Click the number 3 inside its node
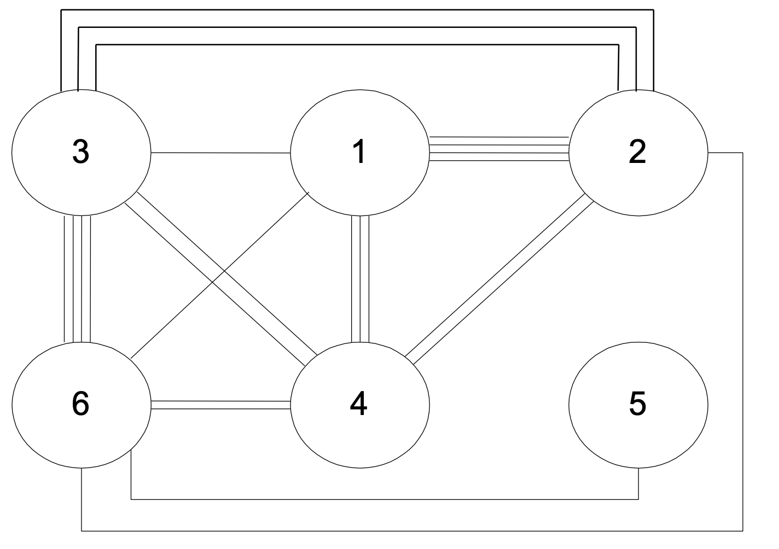(x=80, y=153)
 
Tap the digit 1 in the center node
(x=359, y=153)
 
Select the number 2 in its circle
(x=637, y=153)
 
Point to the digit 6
(x=80, y=404)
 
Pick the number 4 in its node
(x=359, y=405)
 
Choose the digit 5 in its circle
(x=637, y=404)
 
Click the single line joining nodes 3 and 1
(x=219, y=153)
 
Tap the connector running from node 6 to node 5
(x=383, y=499)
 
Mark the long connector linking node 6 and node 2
(x=410, y=530)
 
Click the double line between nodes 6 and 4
(x=219, y=404)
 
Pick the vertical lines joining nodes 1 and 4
(x=360, y=279)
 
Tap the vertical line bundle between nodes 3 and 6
(x=77, y=279)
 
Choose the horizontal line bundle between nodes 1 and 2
(x=498, y=149)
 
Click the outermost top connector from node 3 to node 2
(x=356, y=10)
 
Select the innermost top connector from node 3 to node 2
(x=356, y=44)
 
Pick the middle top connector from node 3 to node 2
(x=356, y=26)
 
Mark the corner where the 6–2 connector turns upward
(x=742, y=530)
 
